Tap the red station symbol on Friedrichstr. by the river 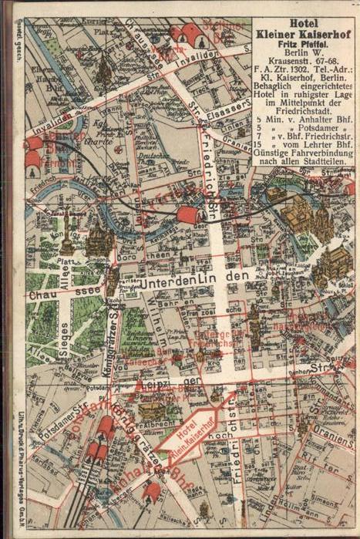tap(187, 215)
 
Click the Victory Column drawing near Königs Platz tap(68, 241)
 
